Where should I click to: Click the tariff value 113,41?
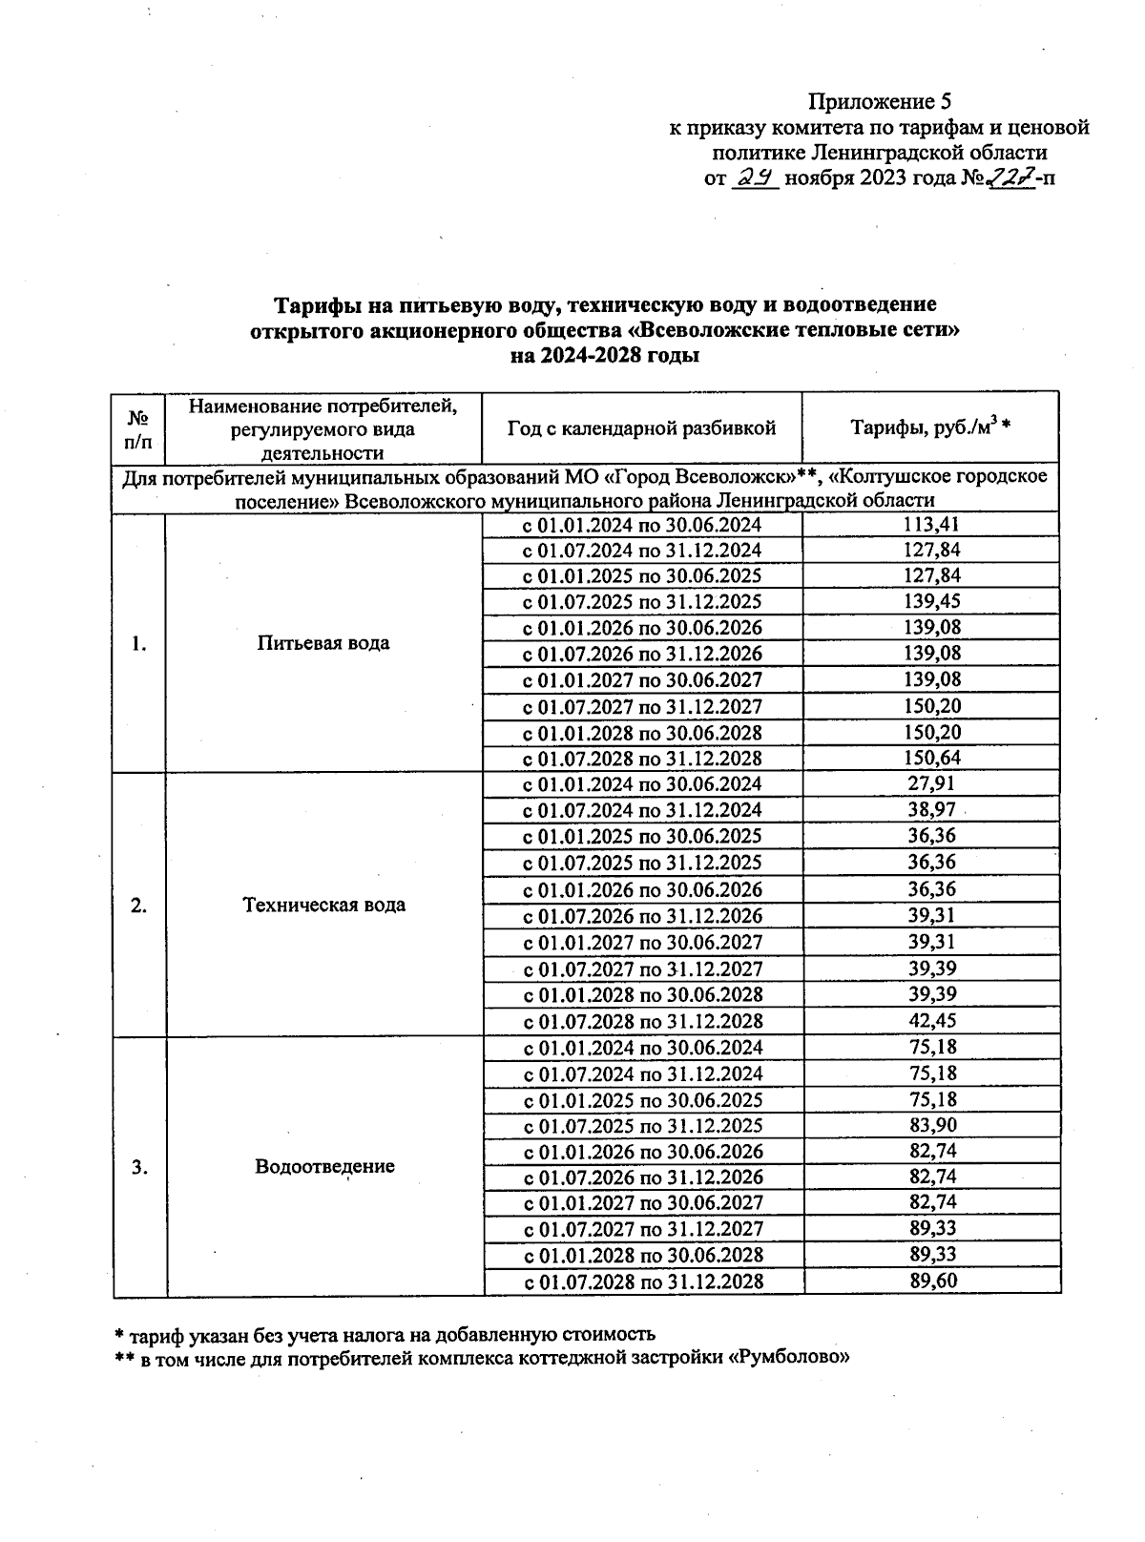pyautogui.click(x=931, y=524)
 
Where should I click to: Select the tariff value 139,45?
pyautogui.click(x=931, y=601)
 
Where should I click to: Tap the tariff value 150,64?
pyautogui.click(x=931, y=759)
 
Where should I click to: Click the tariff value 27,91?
pyautogui.click(x=931, y=783)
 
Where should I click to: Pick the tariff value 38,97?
pyautogui.click(x=931, y=810)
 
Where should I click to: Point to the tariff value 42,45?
pyautogui.click(x=931, y=1020)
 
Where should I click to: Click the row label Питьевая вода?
pyautogui.click(x=323, y=642)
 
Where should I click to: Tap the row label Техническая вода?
pyautogui.click(x=323, y=905)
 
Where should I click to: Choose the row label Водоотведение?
pyautogui.click(x=324, y=1166)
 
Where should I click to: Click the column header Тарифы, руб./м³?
pyautogui.click(x=929, y=428)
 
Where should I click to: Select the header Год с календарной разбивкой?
pyautogui.click(x=641, y=428)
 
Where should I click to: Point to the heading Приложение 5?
pyautogui.click(x=880, y=101)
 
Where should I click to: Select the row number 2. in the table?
pyautogui.click(x=139, y=905)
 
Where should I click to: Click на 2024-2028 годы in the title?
pyautogui.click(x=605, y=356)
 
